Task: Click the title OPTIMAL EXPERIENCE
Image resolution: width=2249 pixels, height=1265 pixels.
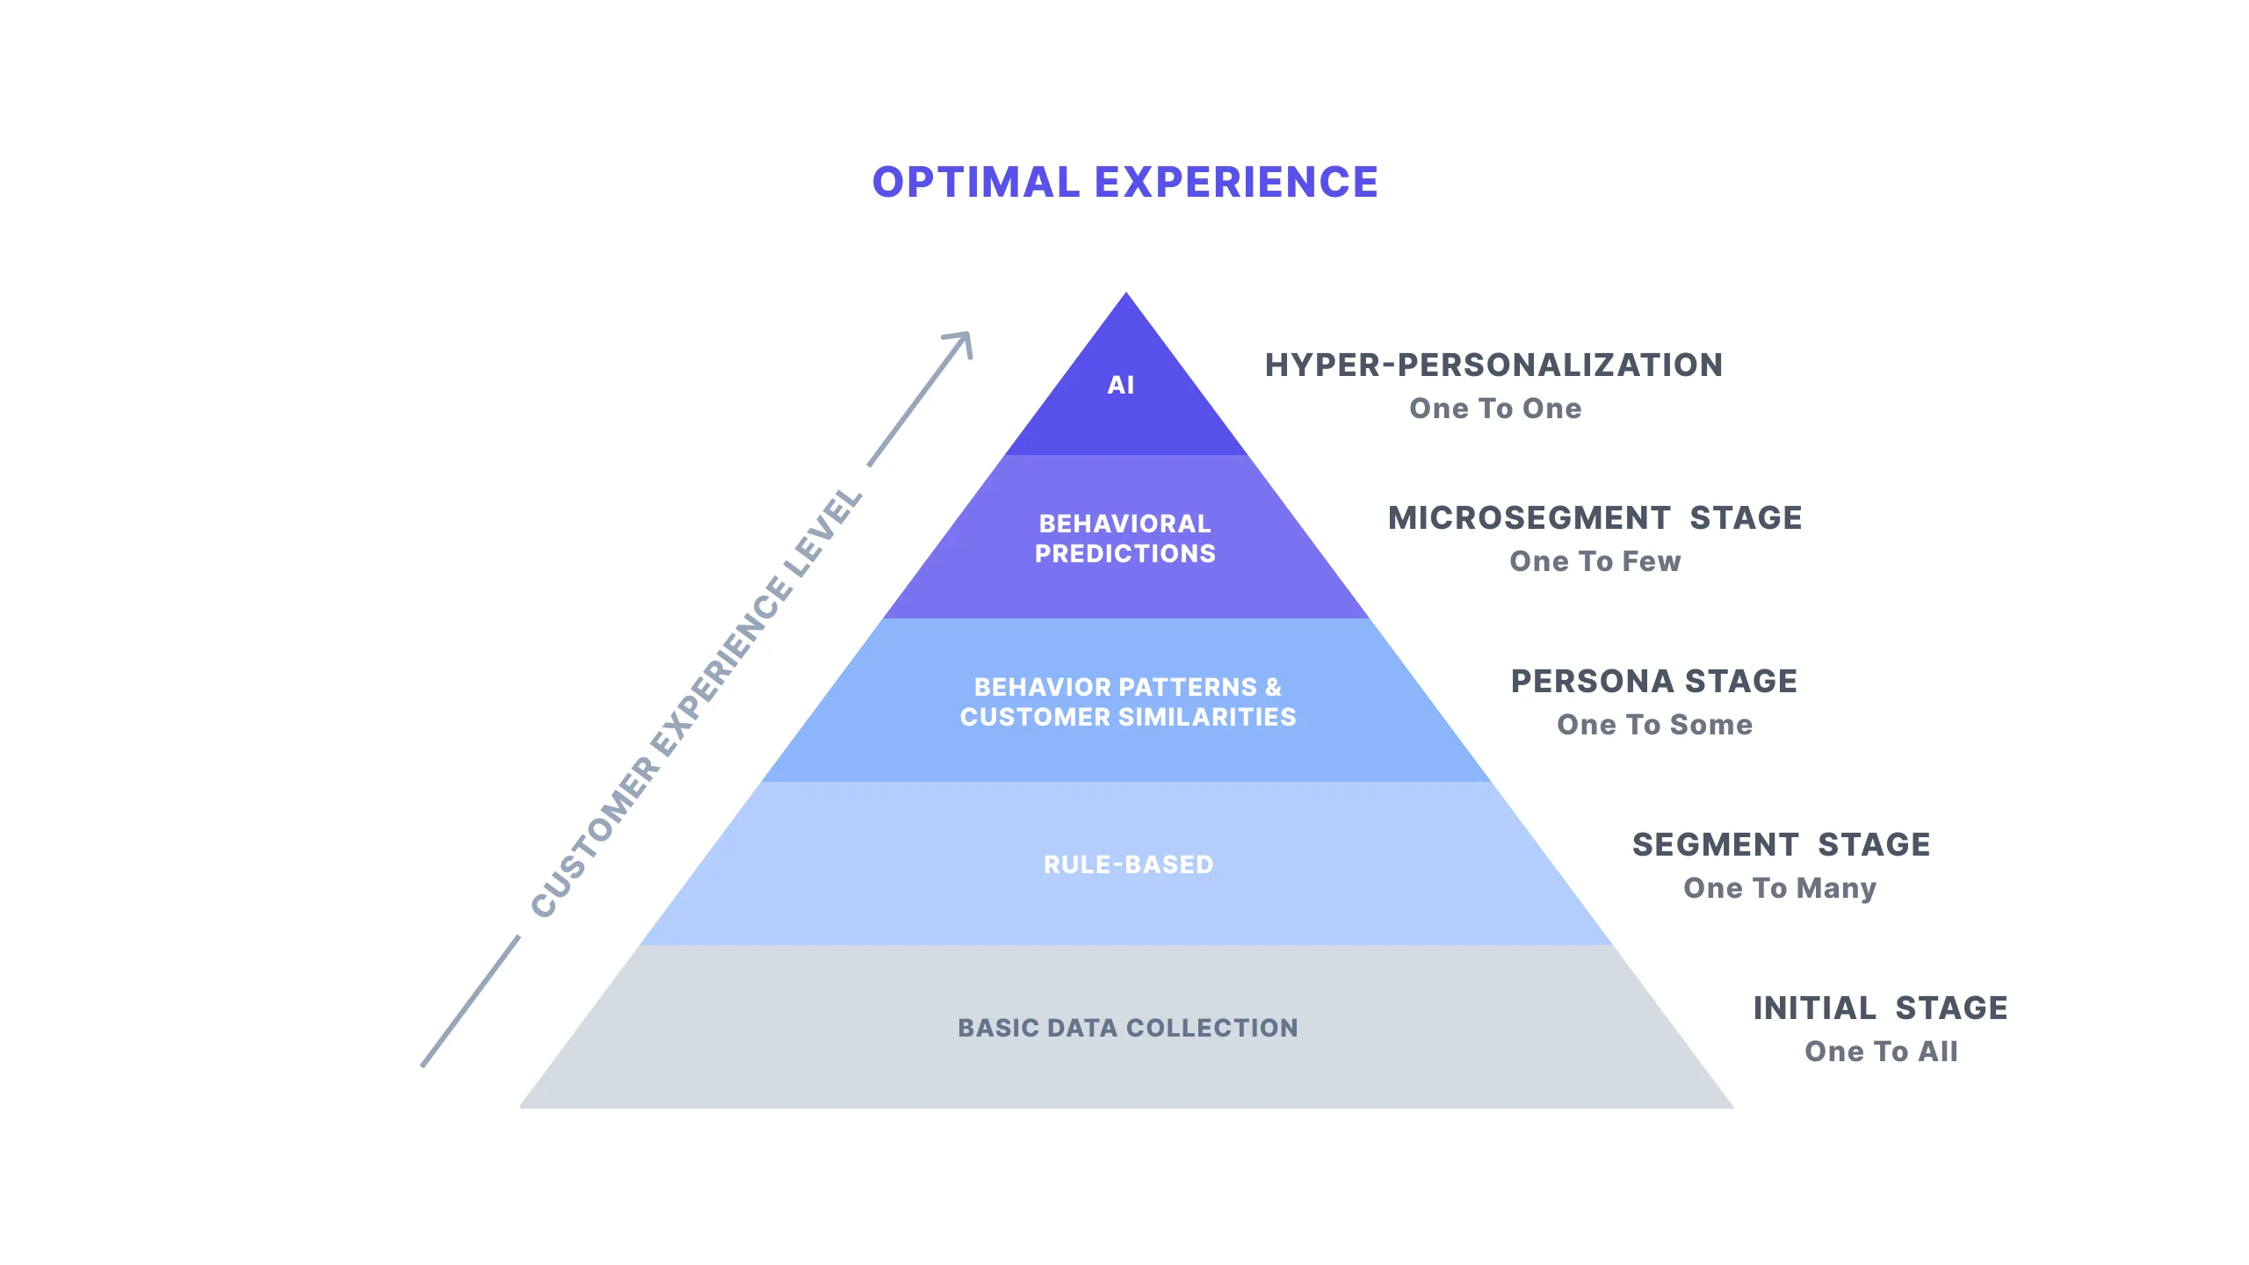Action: click(x=1124, y=183)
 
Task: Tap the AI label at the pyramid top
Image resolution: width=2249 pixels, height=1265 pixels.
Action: click(x=1121, y=385)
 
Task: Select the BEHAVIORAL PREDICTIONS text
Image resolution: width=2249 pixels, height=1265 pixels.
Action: click(x=1124, y=539)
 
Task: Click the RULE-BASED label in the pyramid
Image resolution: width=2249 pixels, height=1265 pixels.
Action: click(x=1128, y=864)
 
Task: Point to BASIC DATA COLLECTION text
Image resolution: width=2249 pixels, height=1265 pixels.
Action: click(x=1128, y=1028)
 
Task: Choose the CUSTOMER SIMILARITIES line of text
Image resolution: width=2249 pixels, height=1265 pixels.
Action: click(x=1128, y=718)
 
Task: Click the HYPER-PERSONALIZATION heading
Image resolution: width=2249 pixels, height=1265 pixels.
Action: click(x=1493, y=365)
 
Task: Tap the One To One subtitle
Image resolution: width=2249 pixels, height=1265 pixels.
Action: click(x=1495, y=408)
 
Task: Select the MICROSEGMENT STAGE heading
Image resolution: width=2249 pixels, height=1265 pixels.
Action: click(x=1595, y=518)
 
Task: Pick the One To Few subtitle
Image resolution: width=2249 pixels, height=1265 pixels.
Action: click(x=1595, y=561)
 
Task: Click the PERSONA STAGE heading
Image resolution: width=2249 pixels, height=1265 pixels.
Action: click(x=1654, y=682)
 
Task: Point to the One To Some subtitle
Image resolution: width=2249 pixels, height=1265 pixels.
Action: click(x=1654, y=725)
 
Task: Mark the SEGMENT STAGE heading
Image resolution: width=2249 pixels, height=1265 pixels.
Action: click(x=1781, y=845)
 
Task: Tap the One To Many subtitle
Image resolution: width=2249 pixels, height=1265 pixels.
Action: click(x=1780, y=888)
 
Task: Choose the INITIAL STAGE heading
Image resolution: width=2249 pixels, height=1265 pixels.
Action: click(x=1880, y=1008)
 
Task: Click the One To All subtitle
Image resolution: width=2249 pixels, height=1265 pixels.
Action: click(x=1881, y=1052)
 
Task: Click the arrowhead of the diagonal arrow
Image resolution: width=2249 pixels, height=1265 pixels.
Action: click(x=962, y=341)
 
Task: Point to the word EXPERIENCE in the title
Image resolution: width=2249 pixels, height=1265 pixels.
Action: click(x=1236, y=183)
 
